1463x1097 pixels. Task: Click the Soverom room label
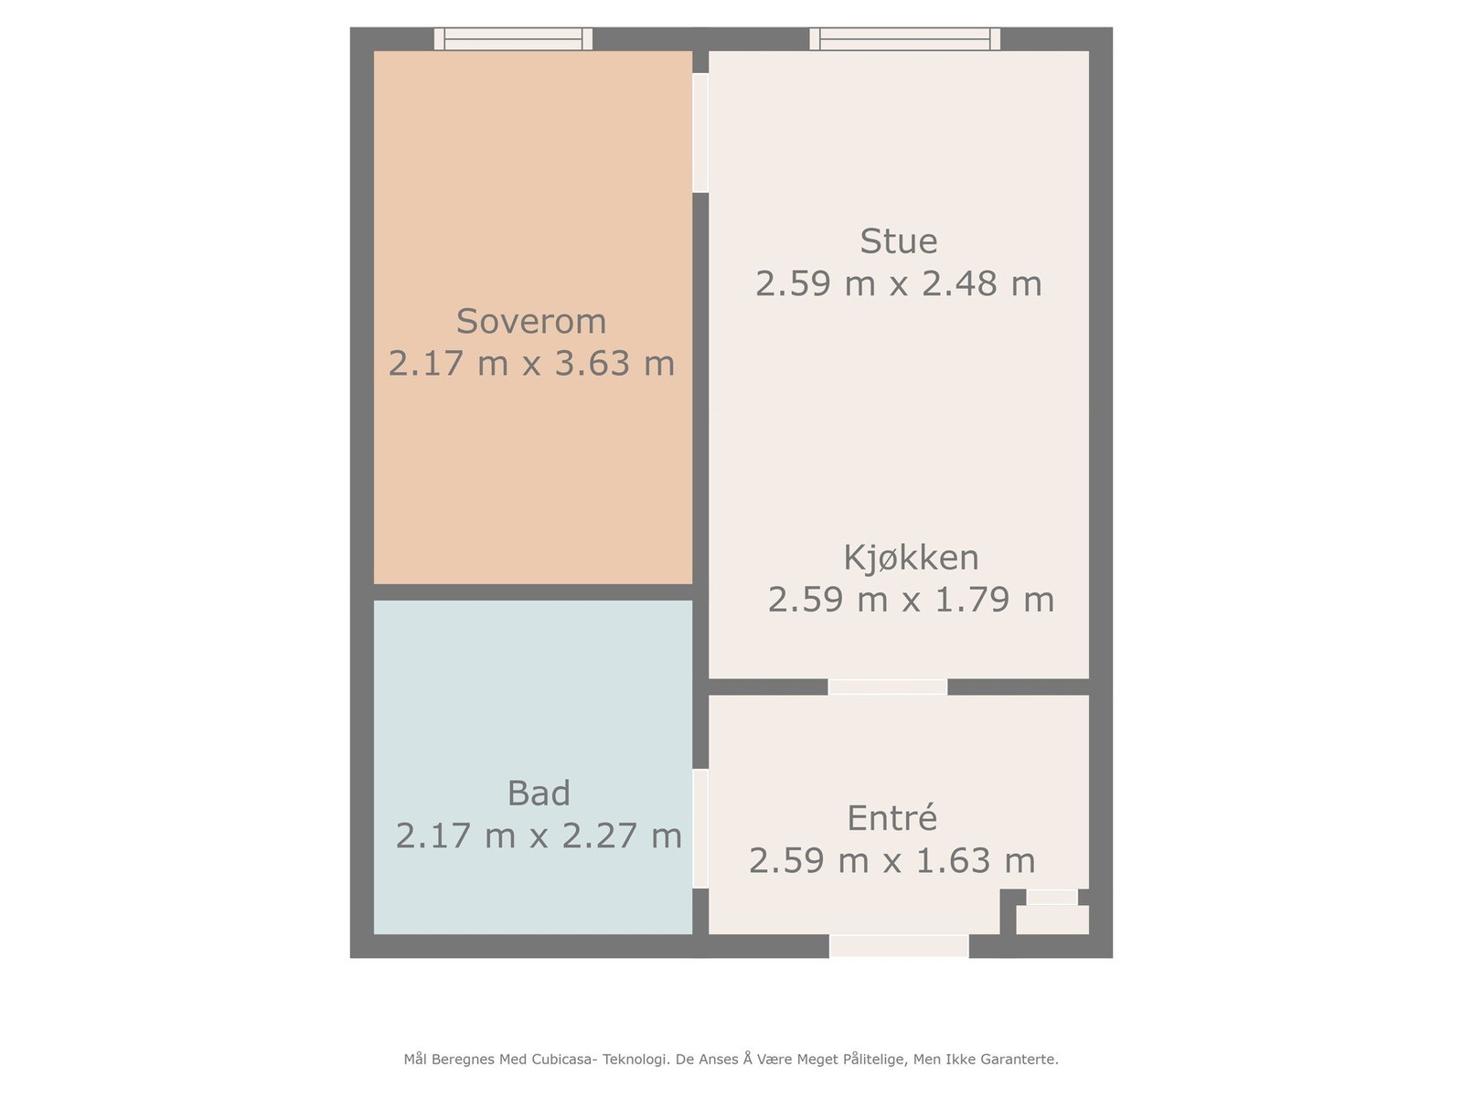pyautogui.click(x=531, y=322)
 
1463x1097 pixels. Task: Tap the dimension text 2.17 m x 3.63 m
pyautogui.click(x=531, y=364)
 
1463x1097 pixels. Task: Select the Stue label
pyautogui.click(x=898, y=241)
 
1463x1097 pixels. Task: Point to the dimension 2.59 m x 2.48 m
pyautogui.click(x=898, y=283)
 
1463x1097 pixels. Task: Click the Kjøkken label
pyautogui.click(x=911, y=558)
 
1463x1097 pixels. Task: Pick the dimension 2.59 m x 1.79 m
pyautogui.click(x=911, y=600)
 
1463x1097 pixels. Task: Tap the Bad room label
pyautogui.click(x=539, y=793)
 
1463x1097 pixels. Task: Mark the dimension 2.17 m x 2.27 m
pyautogui.click(x=539, y=836)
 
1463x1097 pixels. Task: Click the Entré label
pyautogui.click(x=892, y=818)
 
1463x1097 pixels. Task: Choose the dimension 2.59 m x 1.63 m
pyautogui.click(x=892, y=860)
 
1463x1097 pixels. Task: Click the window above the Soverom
pyautogui.click(x=513, y=38)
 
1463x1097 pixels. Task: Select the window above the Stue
pyautogui.click(x=904, y=38)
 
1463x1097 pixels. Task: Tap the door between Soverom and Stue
pyautogui.click(x=700, y=133)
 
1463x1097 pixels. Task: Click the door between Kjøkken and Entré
pyautogui.click(x=887, y=687)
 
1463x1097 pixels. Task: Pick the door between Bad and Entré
pyautogui.click(x=700, y=828)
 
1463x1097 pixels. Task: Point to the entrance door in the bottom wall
pyautogui.click(x=898, y=946)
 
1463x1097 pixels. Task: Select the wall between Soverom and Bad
pyautogui.click(x=532, y=591)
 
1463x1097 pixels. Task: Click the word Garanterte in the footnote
pyautogui.click(x=1019, y=1060)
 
